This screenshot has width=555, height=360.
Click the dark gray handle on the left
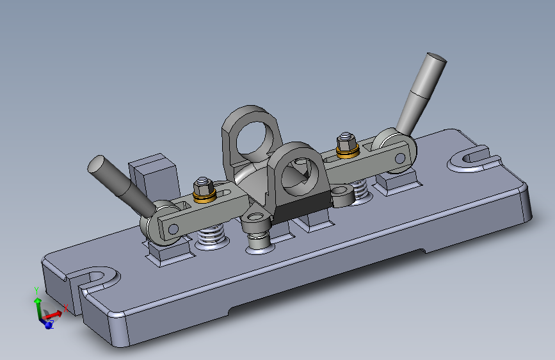pos(120,185)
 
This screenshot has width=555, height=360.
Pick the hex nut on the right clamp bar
pos(346,142)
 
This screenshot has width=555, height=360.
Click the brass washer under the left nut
pos(205,196)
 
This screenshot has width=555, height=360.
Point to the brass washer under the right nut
pos(348,152)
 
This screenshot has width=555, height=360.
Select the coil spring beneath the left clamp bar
pos(211,236)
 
